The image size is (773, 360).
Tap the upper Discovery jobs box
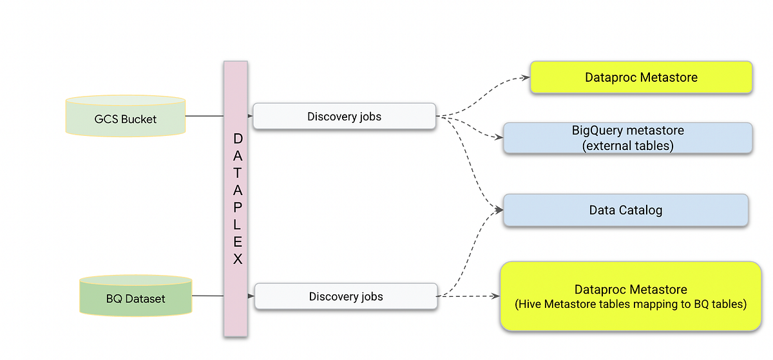pyautogui.click(x=344, y=117)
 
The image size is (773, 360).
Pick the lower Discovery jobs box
pyautogui.click(x=345, y=296)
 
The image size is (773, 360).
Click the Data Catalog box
pyautogui.click(x=625, y=210)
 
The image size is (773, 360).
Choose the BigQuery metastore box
pyautogui.click(x=627, y=138)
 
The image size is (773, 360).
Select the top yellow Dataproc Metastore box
pyautogui.click(x=641, y=78)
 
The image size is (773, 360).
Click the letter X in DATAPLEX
pyautogui.click(x=238, y=259)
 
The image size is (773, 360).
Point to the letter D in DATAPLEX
pyautogui.click(x=238, y=138)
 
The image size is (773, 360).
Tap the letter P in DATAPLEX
pyautogui.click(x=238, y=207)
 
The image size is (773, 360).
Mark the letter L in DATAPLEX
pyautogui.click(x=238, y=225)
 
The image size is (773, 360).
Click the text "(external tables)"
pyautogui.click(x=627, y=146)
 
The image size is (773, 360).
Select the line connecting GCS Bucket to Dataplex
pyautogui.click(x=204, y=117)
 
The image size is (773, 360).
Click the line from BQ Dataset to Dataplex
pyautogui.click(x=207, y=296)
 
